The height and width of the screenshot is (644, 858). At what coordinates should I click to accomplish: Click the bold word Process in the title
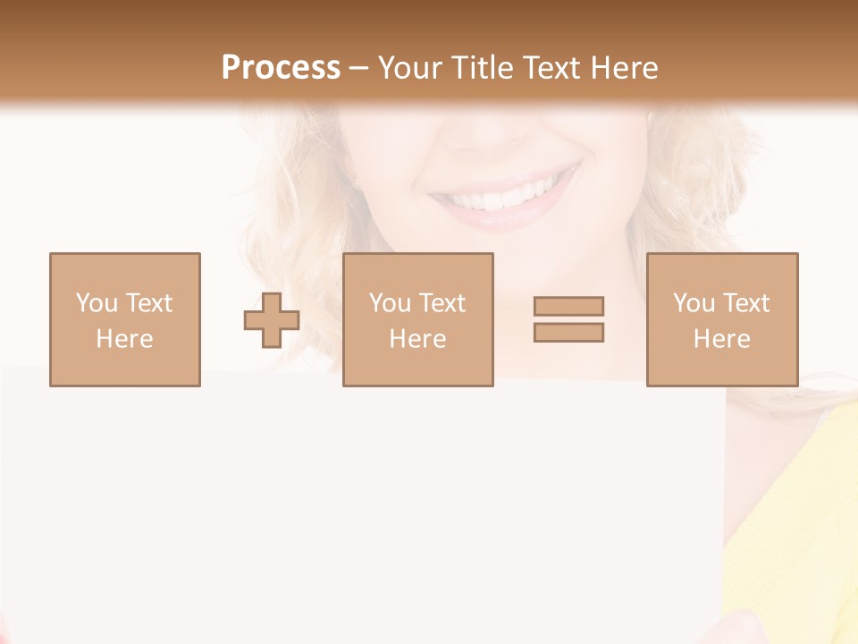[281, 68]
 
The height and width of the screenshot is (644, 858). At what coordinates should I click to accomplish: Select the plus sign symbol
[272, 320]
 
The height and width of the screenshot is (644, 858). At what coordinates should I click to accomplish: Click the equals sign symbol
[568, 319]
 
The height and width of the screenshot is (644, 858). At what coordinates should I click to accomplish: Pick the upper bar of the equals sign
[568, 306]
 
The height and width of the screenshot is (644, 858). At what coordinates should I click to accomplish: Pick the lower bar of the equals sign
[568, 332]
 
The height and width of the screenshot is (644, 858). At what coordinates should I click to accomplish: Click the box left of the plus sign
[125, 319]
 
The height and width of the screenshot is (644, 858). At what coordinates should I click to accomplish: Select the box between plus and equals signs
[418, 319]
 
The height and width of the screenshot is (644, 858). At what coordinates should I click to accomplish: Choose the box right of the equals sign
[722, 319]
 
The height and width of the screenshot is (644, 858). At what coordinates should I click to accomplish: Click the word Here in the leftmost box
[124, 339]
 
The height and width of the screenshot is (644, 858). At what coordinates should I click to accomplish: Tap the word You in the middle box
[390, 303]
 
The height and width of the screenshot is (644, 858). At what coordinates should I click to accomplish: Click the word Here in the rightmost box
[721, 339]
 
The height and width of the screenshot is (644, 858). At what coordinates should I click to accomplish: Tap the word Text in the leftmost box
[148, 303]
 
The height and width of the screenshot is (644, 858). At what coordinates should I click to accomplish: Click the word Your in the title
[409, 68]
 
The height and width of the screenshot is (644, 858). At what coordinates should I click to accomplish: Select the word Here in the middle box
[417, 339]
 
